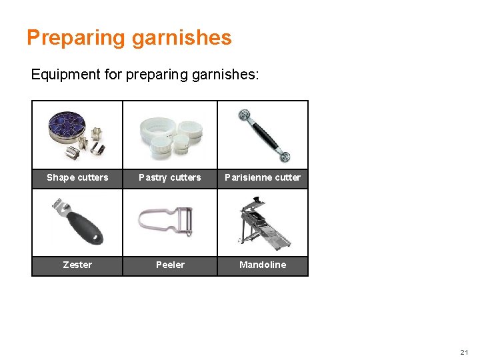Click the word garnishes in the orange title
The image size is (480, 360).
tap(181, 37)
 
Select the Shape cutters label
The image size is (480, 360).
tap(77, 178)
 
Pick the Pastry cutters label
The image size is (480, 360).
tap(170, 178)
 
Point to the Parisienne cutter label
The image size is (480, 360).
tap(263, 178)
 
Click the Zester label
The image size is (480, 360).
tap(77, 265)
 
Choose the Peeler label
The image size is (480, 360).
tap(170, 265)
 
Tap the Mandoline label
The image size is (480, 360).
tap(263, 265)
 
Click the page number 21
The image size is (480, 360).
tap(465, 351)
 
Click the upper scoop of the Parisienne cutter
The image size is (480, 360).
tap(244, 115)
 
